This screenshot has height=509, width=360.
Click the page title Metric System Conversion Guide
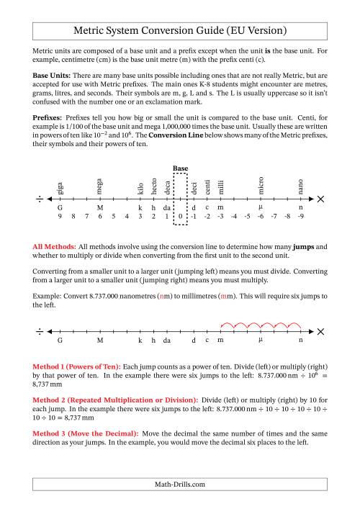coord(180,31)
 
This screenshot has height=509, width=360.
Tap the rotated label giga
coord(60,188)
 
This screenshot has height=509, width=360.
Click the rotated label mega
coord(100,186)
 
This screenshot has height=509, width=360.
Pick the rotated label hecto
coord(153,186)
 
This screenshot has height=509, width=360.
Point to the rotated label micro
coord(261,186)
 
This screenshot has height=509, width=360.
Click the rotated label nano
coord(300,187)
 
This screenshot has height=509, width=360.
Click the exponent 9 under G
coord(60,216)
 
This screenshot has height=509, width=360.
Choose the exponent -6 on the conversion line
coord(260,216)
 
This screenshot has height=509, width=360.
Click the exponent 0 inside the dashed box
coord(180,216)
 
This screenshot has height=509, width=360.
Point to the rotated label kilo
coord(140,188)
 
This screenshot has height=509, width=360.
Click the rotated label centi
coord(207,187)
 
